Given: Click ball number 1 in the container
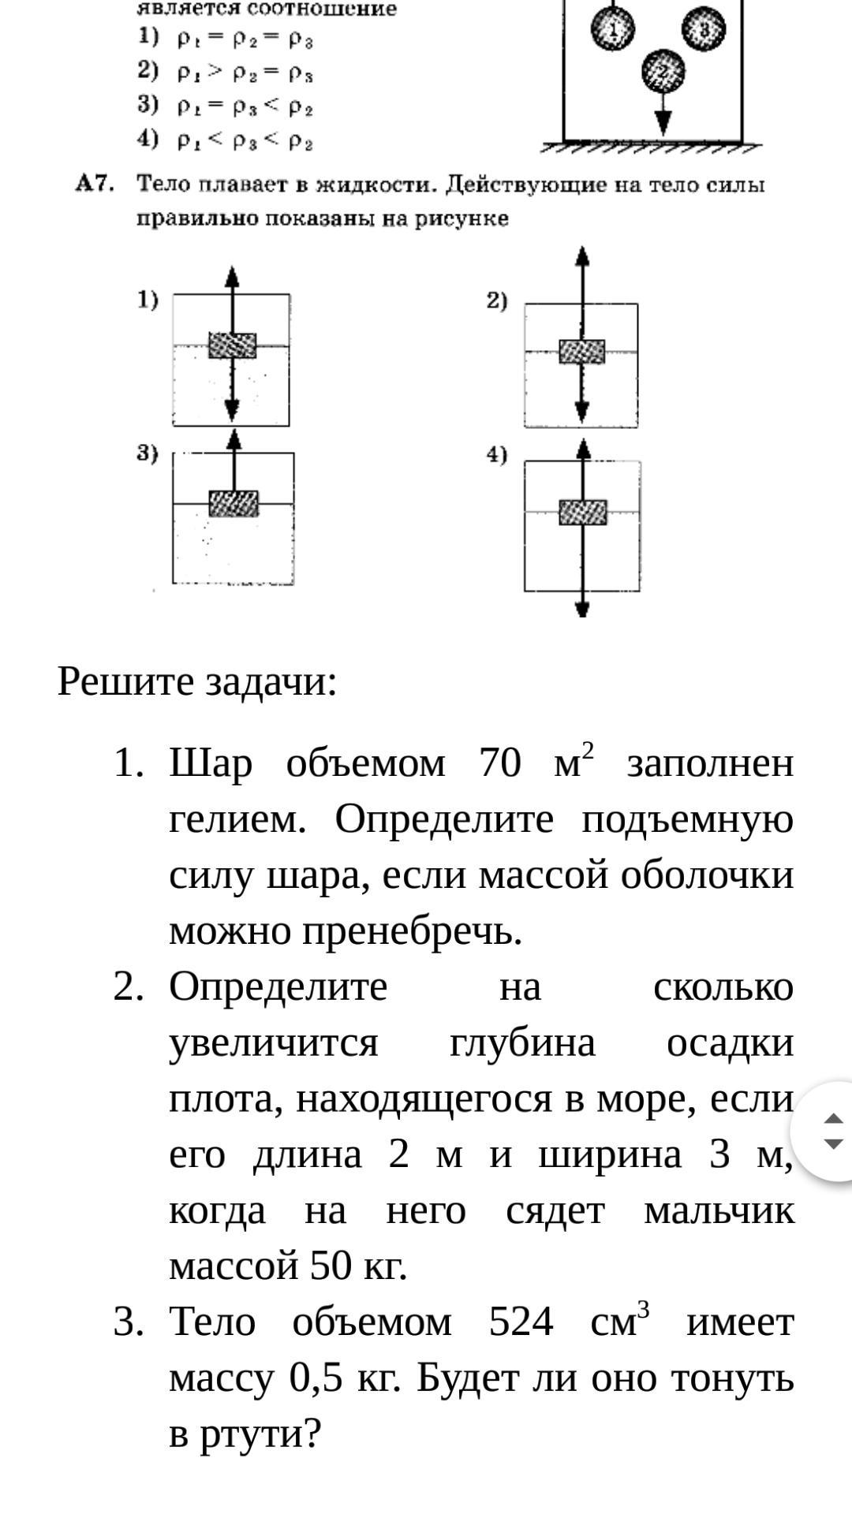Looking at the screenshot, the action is coord(613,30).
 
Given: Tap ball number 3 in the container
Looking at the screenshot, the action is coord(703,29).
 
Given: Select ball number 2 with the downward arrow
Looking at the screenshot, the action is coord(663,72).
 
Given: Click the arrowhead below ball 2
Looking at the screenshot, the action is coord(663,121).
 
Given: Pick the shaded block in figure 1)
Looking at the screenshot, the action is coord(232,345).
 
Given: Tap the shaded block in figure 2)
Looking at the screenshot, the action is coord(582,352).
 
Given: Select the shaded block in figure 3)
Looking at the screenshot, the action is coord(234,503).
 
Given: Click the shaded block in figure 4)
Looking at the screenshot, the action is coord(583,513).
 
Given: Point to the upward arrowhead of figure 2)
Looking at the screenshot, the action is coord(582,257).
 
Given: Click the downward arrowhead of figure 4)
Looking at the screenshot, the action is coord(582,609).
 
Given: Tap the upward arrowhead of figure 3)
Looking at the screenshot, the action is coord(234,438).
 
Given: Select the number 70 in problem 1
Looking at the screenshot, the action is coord(500,763).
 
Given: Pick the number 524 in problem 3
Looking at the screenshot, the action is coord(521,1321).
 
